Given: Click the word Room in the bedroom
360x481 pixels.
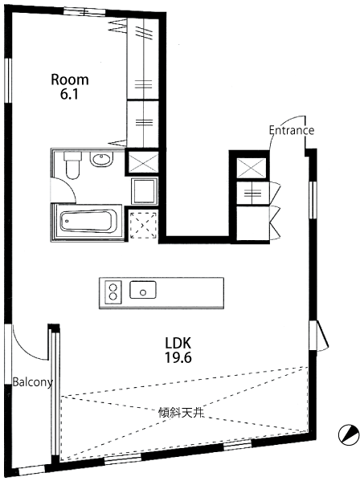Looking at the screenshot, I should pos(70,79).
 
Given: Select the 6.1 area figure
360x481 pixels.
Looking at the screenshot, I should pos(70,94).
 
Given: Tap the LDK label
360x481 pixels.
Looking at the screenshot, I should pos(177,340).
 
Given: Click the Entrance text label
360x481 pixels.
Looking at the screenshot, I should pos(291,130).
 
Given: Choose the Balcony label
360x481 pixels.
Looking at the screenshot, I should pos(31,382).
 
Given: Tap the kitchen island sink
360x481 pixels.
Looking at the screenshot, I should pos(143,290).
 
